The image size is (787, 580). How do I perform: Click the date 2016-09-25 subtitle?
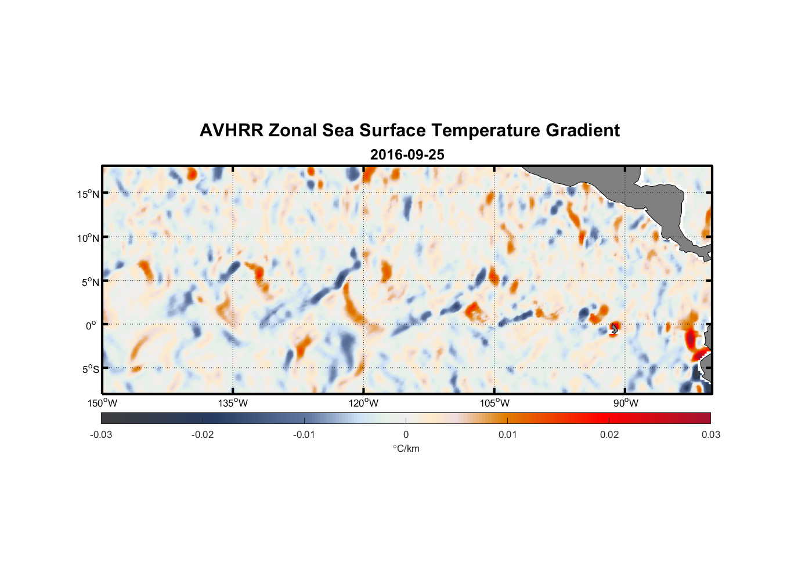[407, 155]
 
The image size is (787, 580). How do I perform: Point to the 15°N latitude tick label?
[88, 194]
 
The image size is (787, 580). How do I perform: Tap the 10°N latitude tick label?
[88, 238]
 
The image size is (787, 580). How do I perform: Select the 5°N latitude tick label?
[90, 282]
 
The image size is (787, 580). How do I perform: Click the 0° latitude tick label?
[91, 325]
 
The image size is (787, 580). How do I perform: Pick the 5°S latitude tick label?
[90, 369]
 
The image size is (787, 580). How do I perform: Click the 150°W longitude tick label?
[102, 403]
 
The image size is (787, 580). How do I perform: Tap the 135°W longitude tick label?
[233, 403]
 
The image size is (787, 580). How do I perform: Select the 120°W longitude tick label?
[363, 403]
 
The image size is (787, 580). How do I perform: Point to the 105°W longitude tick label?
[494, 403]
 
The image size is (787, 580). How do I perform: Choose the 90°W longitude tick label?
[625, 403]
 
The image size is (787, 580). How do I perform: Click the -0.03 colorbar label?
[101, 434]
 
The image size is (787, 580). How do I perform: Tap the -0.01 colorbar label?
[304, 434]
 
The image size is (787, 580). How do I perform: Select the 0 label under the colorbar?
[406, 434]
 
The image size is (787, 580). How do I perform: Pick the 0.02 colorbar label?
[609, 434]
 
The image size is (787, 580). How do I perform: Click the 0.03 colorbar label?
[710, 434]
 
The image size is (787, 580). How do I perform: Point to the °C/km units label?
[406, 448]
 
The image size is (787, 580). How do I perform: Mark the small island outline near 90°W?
[614, 329]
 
